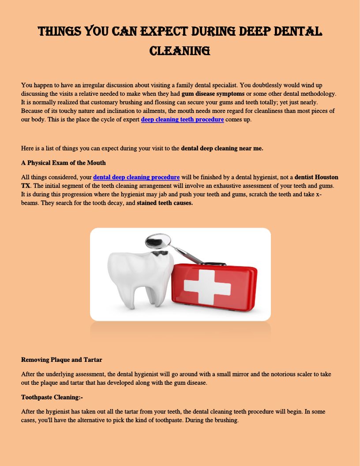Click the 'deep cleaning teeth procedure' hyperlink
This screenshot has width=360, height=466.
[182, 120]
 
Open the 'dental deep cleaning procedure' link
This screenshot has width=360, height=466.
[136, 177]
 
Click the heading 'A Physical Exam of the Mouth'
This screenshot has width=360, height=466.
[63, 163]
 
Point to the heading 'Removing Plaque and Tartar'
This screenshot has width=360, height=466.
[61, 360]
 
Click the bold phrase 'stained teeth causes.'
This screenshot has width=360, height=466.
[165, 203]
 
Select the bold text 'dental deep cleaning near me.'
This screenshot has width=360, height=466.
[222, 148]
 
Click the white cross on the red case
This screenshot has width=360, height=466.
[213, 286]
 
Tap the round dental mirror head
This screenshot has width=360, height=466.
[158, 241]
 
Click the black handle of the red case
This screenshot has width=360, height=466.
[214, 264]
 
